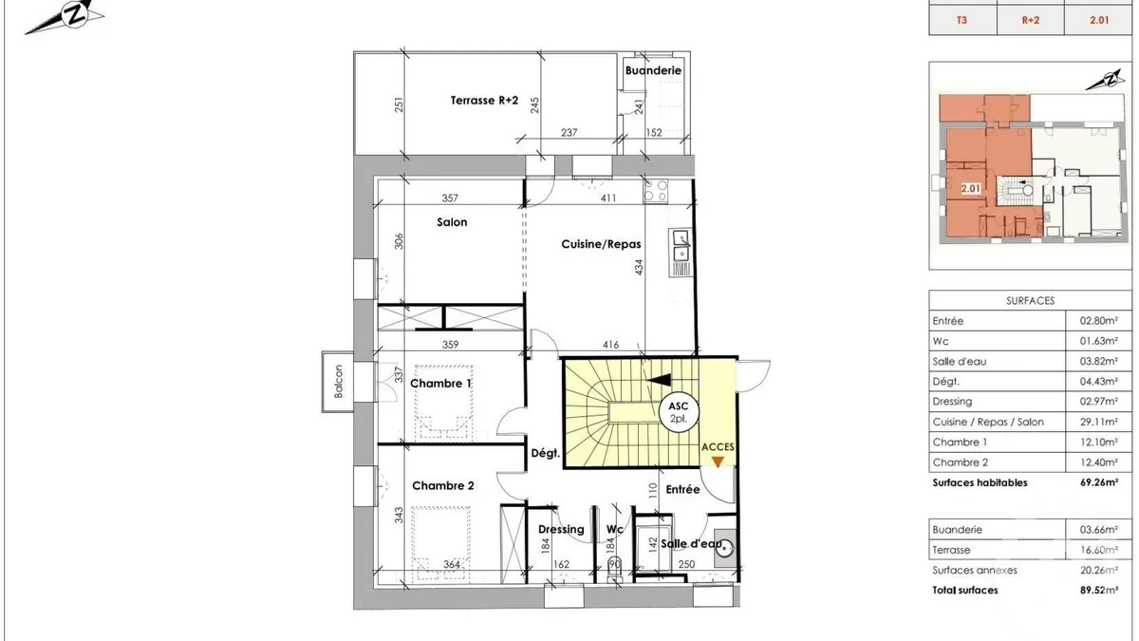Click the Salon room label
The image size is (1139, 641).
click(452, 222)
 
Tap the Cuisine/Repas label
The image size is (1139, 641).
click(601, 244)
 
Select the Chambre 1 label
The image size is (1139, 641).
click(440, 384)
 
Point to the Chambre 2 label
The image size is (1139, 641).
click(443, 486)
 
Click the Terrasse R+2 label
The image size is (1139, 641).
click(484, 101)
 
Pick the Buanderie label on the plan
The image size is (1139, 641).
click(653, 70)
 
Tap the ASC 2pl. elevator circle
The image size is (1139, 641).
click(679, 412)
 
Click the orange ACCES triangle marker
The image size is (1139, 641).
click(718, 462)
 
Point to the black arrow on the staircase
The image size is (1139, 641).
click(659, 380)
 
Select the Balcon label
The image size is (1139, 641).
click(338, 382)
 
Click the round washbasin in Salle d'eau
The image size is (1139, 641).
click(723, 549)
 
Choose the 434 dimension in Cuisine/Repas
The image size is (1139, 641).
click(639, 268)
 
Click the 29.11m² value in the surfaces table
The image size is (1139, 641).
click(1099, 422)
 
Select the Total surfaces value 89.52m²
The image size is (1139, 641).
click(1099, 590)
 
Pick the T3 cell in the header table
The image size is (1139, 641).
click(962, 20)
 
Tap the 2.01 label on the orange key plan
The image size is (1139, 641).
click(970, 189)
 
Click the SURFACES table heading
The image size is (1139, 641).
click(1030, 301)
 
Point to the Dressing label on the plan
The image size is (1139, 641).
click(561, 530)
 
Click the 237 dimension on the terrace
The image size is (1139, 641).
click(569, 132)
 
